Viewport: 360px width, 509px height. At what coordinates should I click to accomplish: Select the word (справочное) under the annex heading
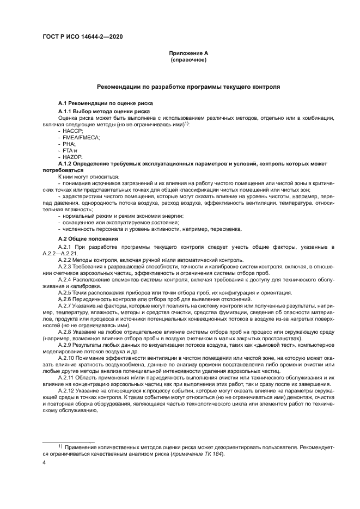188,59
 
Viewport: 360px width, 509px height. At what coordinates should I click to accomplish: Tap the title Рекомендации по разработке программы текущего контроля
188,87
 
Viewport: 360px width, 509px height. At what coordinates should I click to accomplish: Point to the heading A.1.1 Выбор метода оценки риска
99,111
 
